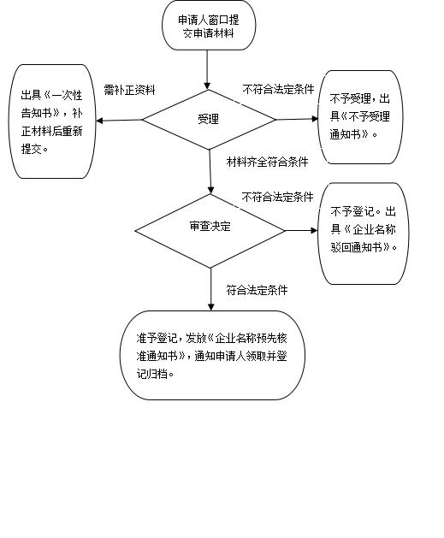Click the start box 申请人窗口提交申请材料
click(209, 25)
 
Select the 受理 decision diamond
click(209, 120)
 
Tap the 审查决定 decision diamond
click(210, 231)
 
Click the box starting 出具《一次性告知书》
click(52, 121)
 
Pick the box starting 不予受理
click(360, 117)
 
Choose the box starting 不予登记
click(364, 234)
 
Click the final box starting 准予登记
click(212, 355)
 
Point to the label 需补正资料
click(130, 90)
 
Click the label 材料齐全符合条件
click(267, 162)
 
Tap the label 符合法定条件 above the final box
click(257, 290)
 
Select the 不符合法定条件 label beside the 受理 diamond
click(278, 90)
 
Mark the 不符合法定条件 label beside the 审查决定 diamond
click(277, 197)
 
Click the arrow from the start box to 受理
click(207, 70)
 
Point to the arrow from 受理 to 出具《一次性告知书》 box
click(119, 120)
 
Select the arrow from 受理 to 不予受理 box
click(297, 119)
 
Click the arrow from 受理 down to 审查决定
click(210, 172)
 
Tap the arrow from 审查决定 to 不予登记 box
click(302, 231)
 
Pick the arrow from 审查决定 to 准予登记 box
click(211, 289)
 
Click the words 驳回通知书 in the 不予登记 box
click(356, 247)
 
